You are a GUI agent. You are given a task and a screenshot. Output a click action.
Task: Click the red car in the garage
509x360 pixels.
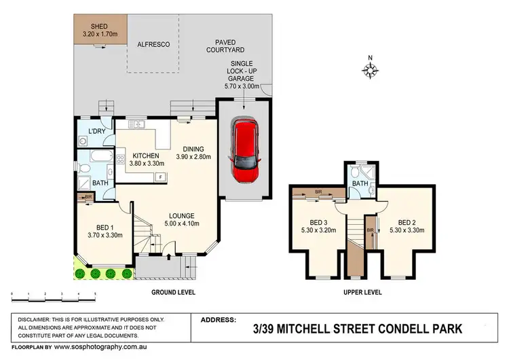point(244,151)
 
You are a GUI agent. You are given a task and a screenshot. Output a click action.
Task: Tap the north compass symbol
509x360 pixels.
point(371,69)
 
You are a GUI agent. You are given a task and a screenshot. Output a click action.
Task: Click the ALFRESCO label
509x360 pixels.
point(153,44)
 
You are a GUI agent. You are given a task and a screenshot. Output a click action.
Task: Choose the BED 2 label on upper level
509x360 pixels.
point(407,222)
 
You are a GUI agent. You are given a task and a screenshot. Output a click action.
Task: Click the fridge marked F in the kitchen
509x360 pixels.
point(160,177)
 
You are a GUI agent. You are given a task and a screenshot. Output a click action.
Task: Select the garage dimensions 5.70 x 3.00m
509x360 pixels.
point(244,87)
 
